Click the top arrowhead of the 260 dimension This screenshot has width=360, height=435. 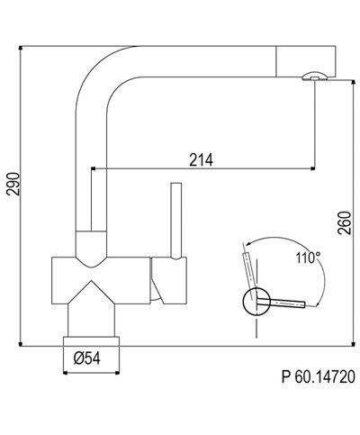click(333, 82)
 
